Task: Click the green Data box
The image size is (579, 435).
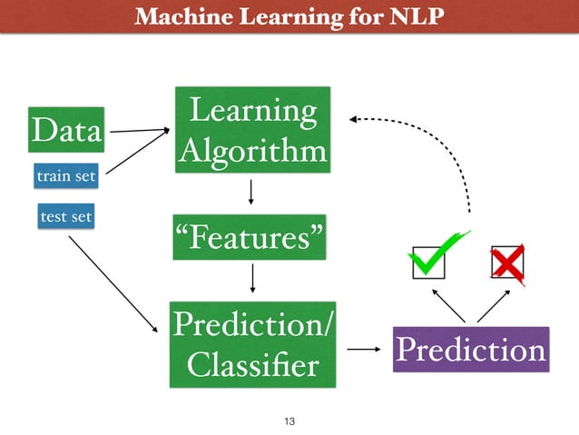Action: pos(65,131)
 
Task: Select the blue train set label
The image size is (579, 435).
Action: pos(65,175)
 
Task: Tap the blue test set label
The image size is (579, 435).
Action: pos(65,217)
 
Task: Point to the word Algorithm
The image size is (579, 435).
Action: pos(251,150)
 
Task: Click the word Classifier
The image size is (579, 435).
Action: pos(251,365)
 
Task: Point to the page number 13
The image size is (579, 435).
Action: pos(290,420)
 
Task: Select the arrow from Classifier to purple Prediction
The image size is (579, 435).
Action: pos(365,348)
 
